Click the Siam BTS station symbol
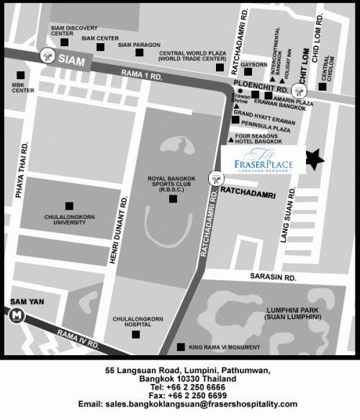(48, 55)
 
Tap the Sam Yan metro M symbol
(16, 315)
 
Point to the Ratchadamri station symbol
(215, 177)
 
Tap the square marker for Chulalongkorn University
(69, 206)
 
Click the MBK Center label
(23, 87)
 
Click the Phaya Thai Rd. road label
(21, 171)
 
